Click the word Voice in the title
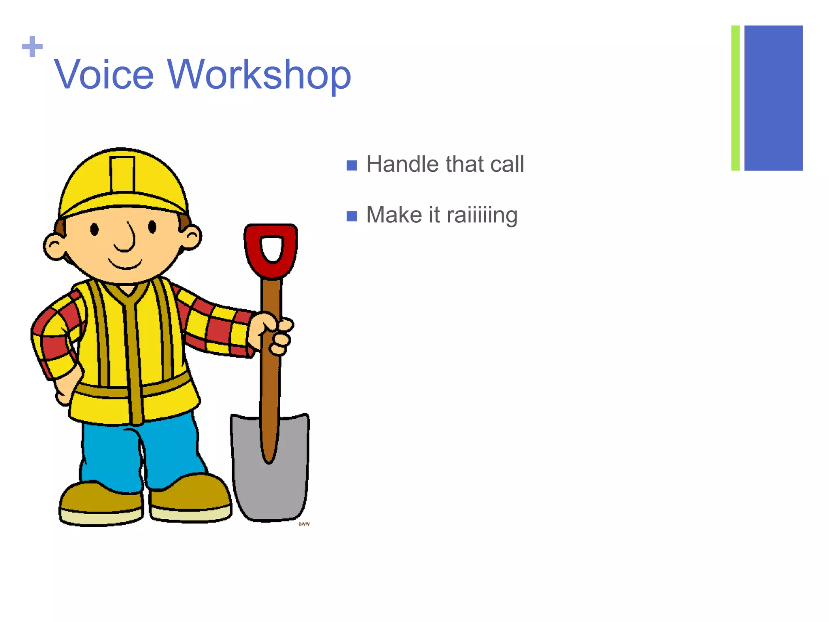[104, 75]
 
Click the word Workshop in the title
[259, 75]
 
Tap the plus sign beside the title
[32, 47]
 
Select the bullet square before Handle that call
[352, 165]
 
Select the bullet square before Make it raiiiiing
[352, 216]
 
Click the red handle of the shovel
[271, 251]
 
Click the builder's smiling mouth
[125, 264]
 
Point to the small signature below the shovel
[304, 524]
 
